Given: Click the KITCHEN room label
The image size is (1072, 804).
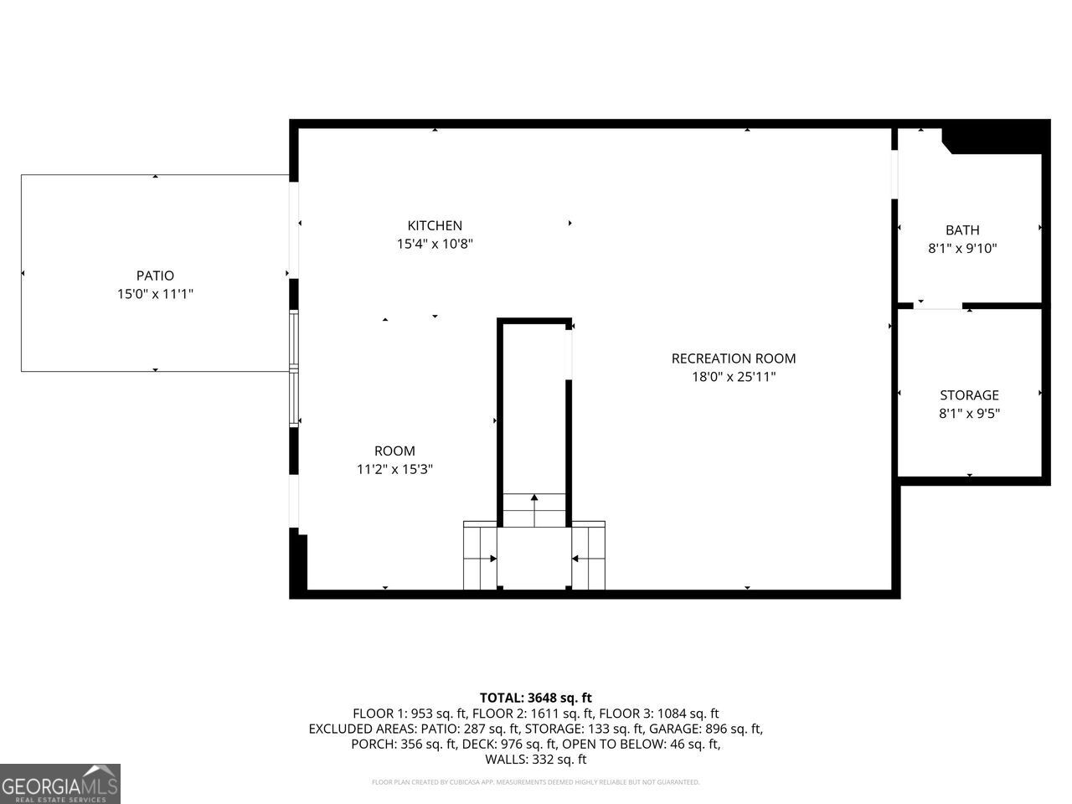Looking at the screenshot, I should pyautogui.click(x=435, y=225).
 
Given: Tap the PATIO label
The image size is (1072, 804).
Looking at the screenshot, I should pyautogui.click(x=155, y=276).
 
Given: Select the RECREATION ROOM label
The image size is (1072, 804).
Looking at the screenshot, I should pyautogui.click(x=733, y=358).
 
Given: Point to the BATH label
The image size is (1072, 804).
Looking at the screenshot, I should pyautogui.click(x=962, y=230).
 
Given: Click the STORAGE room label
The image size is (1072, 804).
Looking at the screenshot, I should pyautogui.click(x=969, y=395).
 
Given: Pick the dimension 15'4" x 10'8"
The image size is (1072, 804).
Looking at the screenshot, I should pyautogui.click(x=435, y=244).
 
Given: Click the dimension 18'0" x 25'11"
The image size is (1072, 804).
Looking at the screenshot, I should pyautogui.click(x=733, y=377).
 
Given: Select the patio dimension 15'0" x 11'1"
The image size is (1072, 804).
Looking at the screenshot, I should pyautogui.click(x=155, y=294).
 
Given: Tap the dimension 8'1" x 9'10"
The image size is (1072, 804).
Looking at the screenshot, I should pyautogui.click(x=962, y=249).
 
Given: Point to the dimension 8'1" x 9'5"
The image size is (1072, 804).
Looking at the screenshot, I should pyautogui.click(x=969, y=414).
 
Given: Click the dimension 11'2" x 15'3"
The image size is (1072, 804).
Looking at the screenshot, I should pyautogui.click(x=394, y=470).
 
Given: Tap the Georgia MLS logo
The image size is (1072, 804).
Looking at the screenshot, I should pyautogui.click(x=60, y=784).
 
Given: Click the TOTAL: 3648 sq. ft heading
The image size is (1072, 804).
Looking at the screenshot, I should pyautogui.click(x=536, y=698).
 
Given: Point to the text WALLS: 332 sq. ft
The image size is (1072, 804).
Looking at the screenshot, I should pyautogui.click(x=536, y=760).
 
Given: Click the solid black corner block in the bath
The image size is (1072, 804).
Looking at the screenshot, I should pyautogui.click(x=997, y=138).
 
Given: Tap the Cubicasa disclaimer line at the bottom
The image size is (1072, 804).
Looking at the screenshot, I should pyautogui.click(x=536, y=782).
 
